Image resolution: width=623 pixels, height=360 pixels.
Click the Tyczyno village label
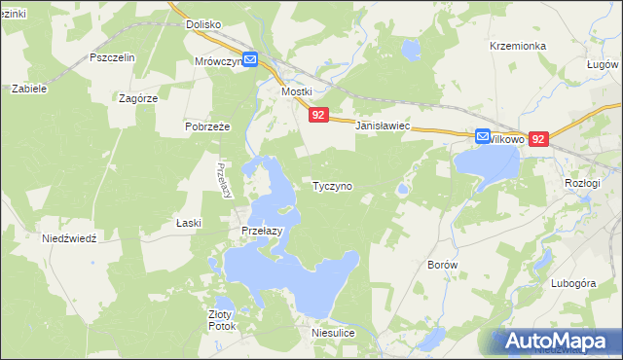point(332,185)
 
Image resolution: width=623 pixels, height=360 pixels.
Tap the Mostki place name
point(296,91)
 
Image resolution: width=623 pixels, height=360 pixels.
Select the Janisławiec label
point(385,127)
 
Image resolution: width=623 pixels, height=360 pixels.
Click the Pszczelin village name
point(111,57)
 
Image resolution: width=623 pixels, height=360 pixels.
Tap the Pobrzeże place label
point(206,126)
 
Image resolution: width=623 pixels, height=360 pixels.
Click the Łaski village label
point(189,223)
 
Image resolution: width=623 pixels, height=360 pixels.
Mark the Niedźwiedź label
point(69,238)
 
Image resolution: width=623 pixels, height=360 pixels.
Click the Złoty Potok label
point(222,320)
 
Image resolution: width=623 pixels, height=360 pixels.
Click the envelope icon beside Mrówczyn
point(250,60)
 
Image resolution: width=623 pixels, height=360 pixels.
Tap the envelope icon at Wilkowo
point(483,138)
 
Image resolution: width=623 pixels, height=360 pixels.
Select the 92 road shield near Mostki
point(320,115)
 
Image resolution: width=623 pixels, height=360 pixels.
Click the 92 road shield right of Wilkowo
point(540,139)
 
